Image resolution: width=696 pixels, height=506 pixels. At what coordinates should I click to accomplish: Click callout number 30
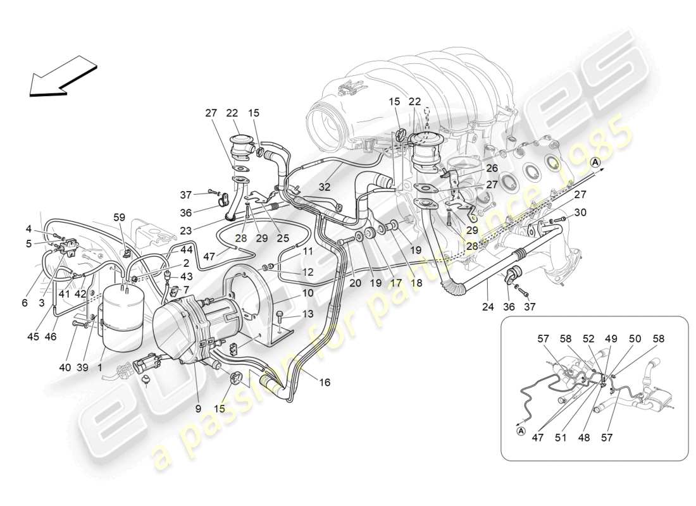point(580,212)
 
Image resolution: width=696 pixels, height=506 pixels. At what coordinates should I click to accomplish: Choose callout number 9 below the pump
point(198,409)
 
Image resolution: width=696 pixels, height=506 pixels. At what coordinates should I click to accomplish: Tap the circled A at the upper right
point(595,163)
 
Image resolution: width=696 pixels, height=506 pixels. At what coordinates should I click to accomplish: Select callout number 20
point(356,283)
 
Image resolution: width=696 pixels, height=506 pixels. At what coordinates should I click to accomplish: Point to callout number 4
point(29,228)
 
